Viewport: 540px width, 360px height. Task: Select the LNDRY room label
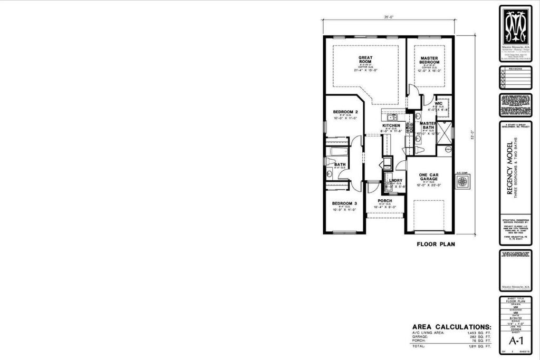point(395,181)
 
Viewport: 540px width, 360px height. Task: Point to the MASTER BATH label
point(428,125)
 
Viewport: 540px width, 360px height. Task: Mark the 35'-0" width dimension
point(389,17)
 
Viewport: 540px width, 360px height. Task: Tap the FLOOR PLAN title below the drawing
point(436,244)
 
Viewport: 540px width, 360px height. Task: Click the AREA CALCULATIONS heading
point(451,327)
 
